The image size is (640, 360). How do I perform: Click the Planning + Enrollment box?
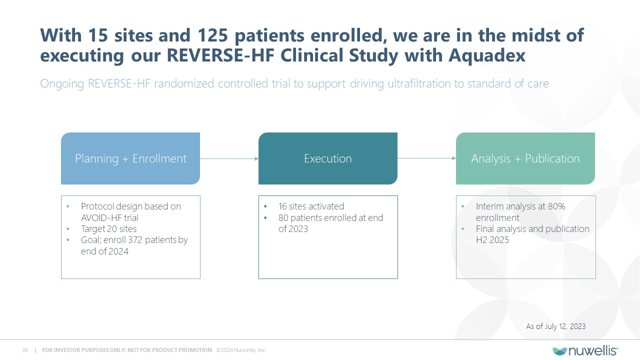tap(130, 158)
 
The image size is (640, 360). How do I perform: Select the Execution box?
tap(327, 158)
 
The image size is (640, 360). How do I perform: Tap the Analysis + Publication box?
tap(525, 158)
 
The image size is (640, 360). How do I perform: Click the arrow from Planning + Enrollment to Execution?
tap(229, 158)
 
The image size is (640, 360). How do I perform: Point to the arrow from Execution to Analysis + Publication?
tap(426, 158)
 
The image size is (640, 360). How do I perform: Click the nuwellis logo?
tap(585, 350)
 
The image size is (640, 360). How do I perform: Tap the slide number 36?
tap(25, 350)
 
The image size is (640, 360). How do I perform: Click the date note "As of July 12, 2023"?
tap(555, 326)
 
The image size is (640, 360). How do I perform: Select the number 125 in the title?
tap(212, 35)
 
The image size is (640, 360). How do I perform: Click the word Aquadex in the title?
tap(487, 55)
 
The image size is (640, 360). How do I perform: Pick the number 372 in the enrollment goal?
tap(135, 240)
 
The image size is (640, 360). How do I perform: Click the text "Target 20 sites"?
tap(109, 229)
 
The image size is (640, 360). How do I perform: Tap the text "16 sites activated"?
tap(311, 206)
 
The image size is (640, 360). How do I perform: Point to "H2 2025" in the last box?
tap(492, 240)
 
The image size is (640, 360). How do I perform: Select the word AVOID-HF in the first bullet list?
tap(101, 218)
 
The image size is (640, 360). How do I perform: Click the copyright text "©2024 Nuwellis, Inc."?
tap(241, 350)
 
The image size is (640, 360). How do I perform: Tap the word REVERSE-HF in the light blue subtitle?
tap(119, 83)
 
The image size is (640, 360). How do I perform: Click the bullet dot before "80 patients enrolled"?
tap(265, 218)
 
